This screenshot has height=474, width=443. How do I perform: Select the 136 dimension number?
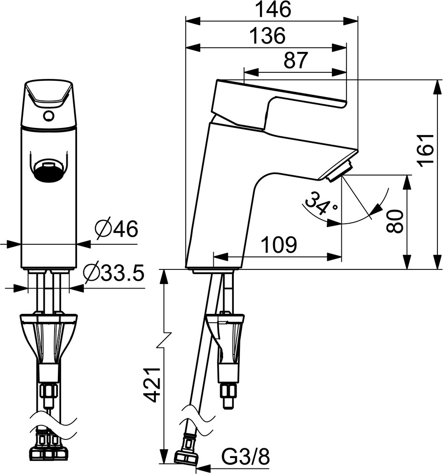(x=268, y=35)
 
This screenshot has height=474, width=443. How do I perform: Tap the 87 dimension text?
(x=295, y=60)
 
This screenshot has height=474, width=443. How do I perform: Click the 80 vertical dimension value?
(x=394, y=221)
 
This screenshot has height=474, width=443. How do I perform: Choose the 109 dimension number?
(x=279, y=245)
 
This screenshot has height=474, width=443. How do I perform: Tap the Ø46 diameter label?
(x=116, y=228)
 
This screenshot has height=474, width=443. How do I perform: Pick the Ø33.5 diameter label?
(x=113, y=273)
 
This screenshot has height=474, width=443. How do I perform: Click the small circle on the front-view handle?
(x=49, y=115)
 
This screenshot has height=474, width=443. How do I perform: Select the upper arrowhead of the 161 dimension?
(x=437, y=87)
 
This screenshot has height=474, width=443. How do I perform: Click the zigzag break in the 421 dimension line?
(x=164, y=341)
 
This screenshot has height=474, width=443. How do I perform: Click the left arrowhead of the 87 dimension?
(x=251, y=72)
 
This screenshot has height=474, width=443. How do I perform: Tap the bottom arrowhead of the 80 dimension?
(x=408, y=262)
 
